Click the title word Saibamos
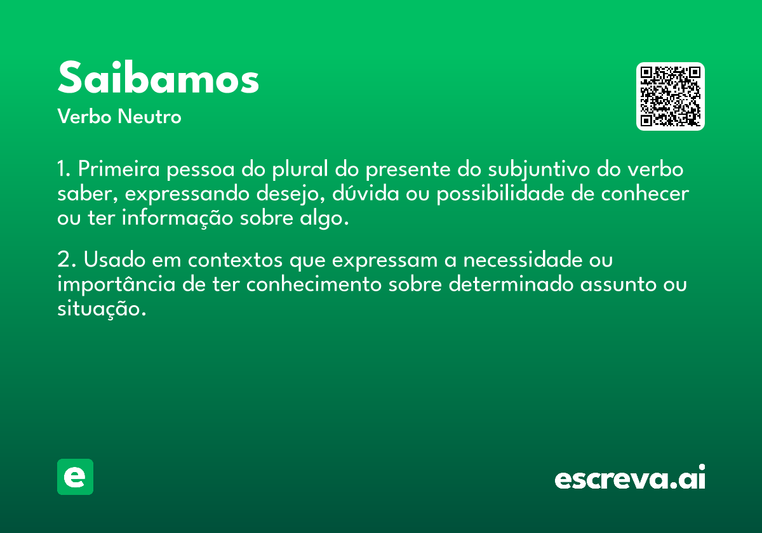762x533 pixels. click(158, 77)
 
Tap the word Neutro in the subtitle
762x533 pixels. click(149, 117)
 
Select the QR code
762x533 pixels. click(670, 96)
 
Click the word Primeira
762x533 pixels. click(119, 169)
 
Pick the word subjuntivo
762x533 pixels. click(539, 169)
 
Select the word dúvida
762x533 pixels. click(365, 193)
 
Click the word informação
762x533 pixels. click(177, 218)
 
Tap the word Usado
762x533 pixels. click(115, 260)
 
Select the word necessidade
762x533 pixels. click(523, 260)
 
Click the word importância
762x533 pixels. click(116, 285)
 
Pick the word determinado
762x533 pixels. click(511, 284)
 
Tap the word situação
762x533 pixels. click(102, 308)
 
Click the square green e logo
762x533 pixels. click(75, 477)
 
